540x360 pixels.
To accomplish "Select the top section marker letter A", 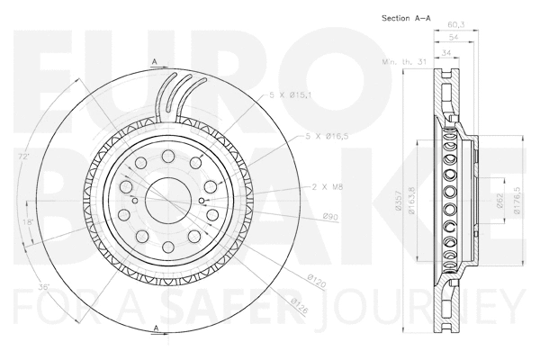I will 155,61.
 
